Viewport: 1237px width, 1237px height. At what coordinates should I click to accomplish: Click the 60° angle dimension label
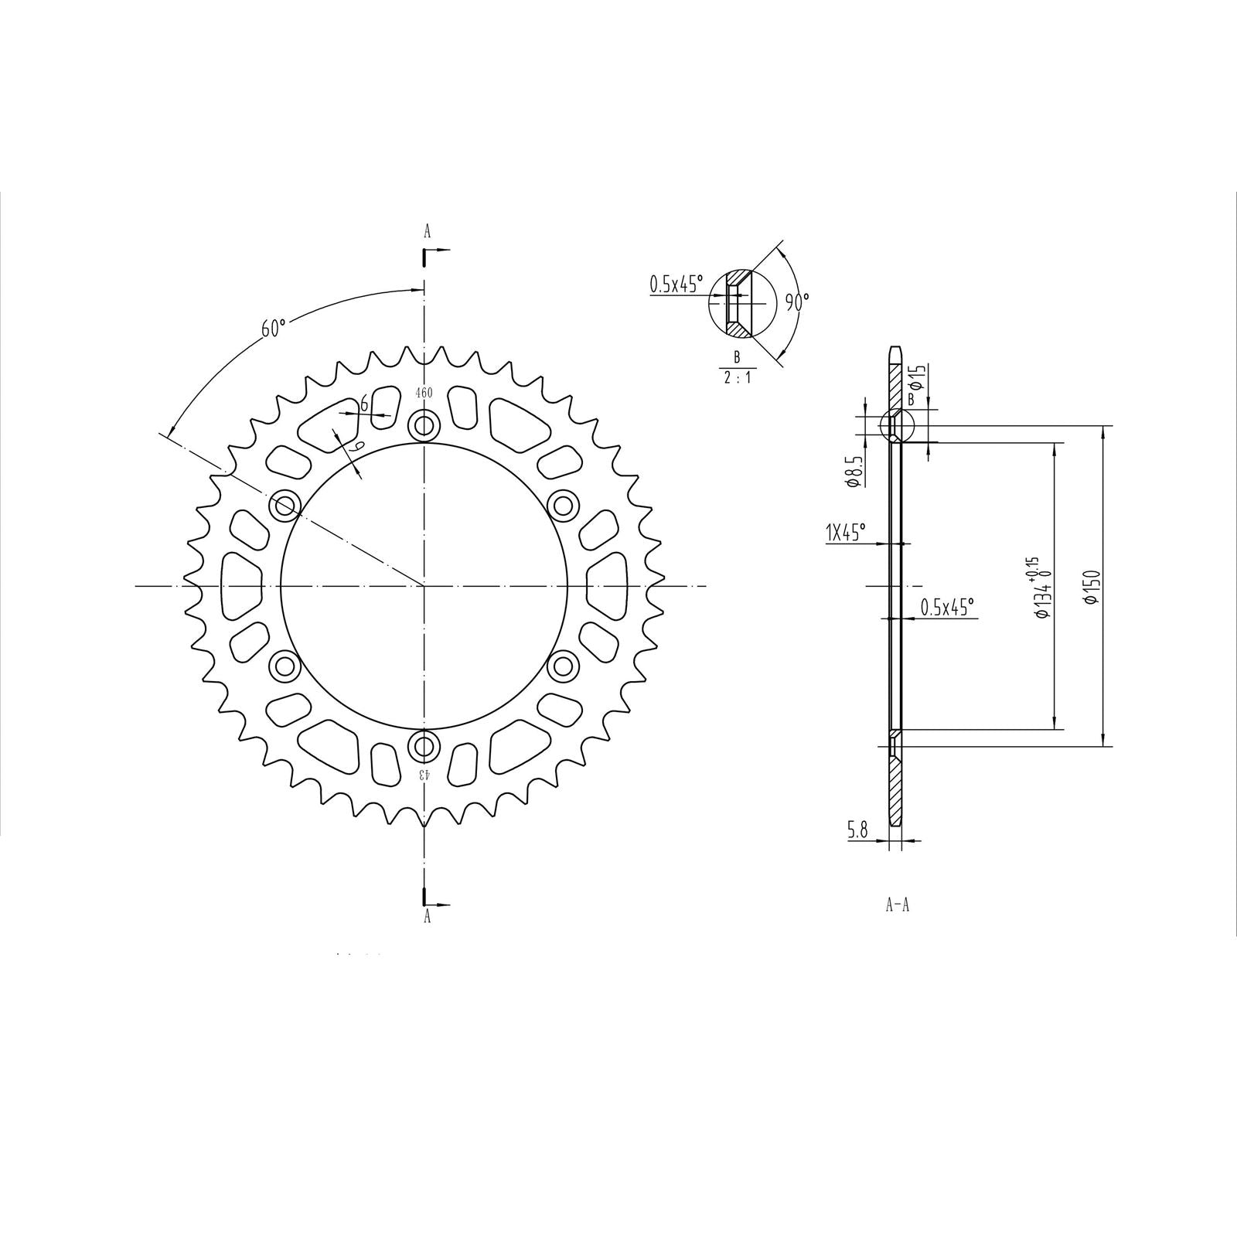(x=274, y=328)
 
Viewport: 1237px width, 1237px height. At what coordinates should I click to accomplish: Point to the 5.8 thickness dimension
(x=857, y=830)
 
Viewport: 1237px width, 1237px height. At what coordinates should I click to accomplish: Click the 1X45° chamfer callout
(x=846, y=533)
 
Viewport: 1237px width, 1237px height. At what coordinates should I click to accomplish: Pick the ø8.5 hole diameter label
(x=854, y=471)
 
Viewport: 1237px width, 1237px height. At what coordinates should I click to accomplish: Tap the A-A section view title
(x=897, y=905)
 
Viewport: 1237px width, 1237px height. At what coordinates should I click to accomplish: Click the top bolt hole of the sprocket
(x=424, y=425)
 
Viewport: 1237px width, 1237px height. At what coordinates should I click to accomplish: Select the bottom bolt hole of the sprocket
(x=424, y=746)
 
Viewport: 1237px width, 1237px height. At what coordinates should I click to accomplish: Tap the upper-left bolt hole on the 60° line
(x=285, y=506)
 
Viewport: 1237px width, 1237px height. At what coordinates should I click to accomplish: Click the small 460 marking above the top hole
(x=424, y=393)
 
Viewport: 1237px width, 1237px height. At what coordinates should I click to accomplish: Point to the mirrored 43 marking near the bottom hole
(x=424, y=774)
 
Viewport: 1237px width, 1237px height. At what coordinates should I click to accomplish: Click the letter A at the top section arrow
(x=427, y=231)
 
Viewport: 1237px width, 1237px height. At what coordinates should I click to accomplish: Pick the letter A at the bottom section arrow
(x=427, y=917)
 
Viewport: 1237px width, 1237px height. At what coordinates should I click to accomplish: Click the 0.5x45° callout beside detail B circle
(x=676, y=285)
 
